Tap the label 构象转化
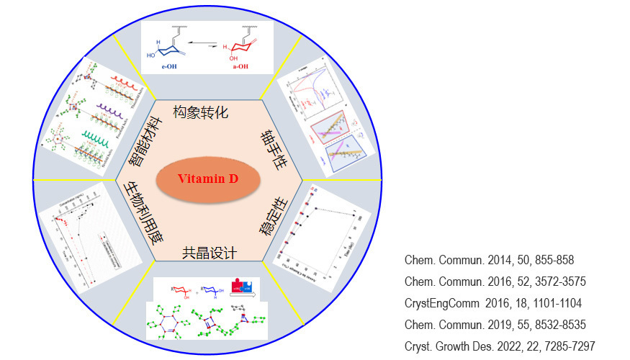tap(201, 112)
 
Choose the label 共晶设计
tap(210, 252)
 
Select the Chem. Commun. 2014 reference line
tap(489, 260)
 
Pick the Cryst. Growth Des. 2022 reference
tap(500, 346)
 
